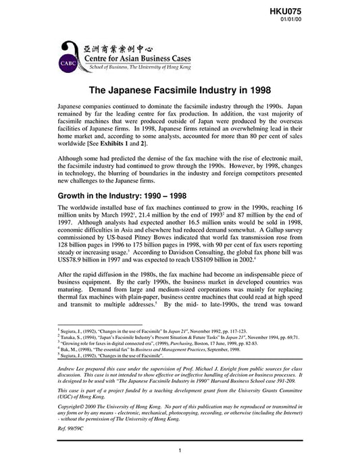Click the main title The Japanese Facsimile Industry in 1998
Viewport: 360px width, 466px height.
tap(179, 90)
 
